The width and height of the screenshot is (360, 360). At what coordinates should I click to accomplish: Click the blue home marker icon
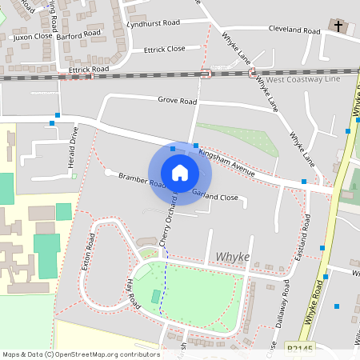coord(180,172)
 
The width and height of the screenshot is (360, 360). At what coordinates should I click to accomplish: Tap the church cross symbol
coord(338,26)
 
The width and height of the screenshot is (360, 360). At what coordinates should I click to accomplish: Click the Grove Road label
coord(177,102)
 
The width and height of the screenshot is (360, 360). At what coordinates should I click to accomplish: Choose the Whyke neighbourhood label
coord(233,256)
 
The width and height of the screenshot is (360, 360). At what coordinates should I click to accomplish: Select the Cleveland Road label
coord(294,30)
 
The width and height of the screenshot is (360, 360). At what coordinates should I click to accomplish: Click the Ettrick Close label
coord(164,49)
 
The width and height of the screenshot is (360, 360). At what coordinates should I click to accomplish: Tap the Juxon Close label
coord(33,36)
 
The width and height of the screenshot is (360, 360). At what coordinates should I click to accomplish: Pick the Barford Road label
coord(79,35)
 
